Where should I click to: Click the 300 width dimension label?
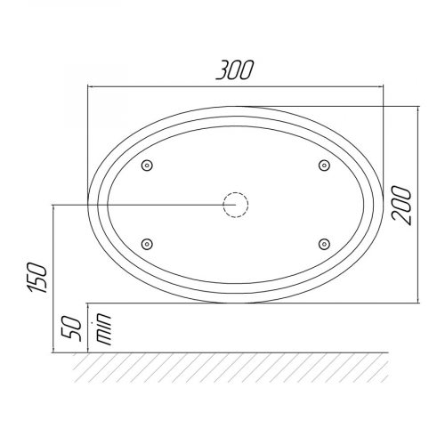point(235,70)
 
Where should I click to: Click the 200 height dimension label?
point(401,206)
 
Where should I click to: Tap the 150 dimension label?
point(37,278)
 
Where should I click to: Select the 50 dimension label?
point(71,329)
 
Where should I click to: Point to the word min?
point(103,328)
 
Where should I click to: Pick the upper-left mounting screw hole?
point(147,166)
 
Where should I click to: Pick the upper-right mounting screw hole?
point(324,166)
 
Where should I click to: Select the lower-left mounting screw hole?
point(147,244)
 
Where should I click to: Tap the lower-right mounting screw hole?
point(324,244)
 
